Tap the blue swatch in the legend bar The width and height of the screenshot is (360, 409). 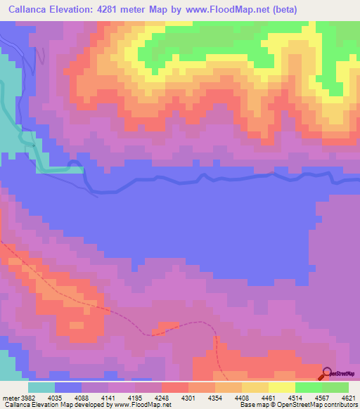pyautogui.click(x=67, y=387)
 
